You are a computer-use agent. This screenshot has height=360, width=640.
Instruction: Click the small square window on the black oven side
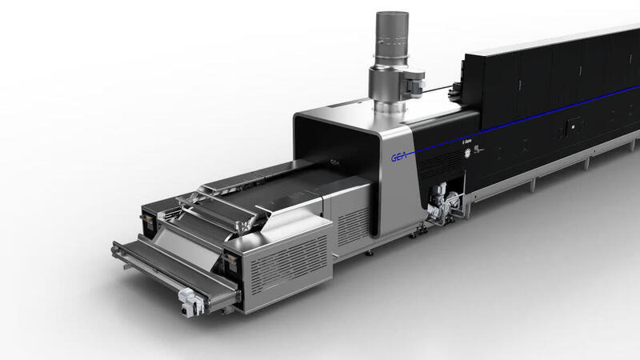[571, 126]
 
